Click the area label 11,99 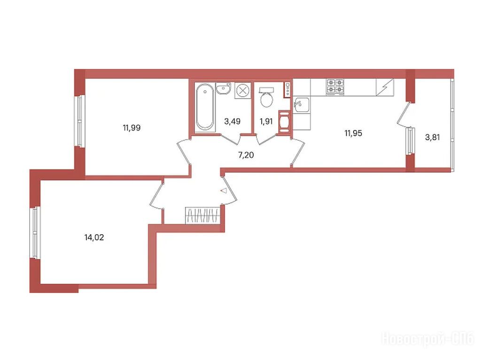click(132, 128)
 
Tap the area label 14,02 click(94, 237)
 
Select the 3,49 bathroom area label click(232, 122)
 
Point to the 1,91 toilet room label click(266, 122)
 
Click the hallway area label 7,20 click(246, 155)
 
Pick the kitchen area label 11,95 click(353, 133)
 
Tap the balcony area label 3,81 click(432, 138)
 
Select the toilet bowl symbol click(266, 97)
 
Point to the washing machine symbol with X click(243, 91)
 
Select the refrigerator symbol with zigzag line click(385, 87)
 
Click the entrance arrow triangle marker click(224, 191)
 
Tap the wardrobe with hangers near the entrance click(202, 215)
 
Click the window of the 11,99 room click(80, 121)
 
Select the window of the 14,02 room click(36, 233)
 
